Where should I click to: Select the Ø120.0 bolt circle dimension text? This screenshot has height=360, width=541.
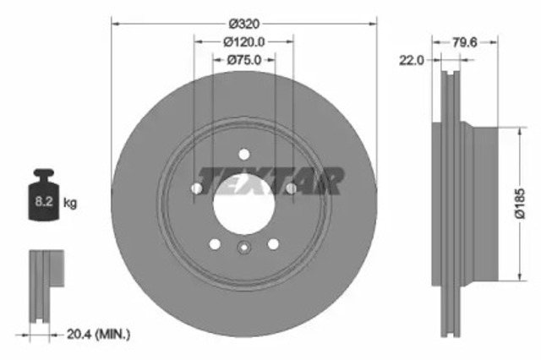pyautogui.click(x=243, y=41)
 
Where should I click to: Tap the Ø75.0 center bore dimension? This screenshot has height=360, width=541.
pyautogui.click(x=243, y=59)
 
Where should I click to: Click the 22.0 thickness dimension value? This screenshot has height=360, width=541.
pyautogui.click(x=411, y=60)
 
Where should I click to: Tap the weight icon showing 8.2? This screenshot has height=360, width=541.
pyautogui.click(x=44, y=199)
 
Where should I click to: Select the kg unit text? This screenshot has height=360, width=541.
pyautogui.click(x=71, y=204)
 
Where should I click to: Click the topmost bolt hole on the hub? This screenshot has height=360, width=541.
pyautogui.click(x=243, y=154)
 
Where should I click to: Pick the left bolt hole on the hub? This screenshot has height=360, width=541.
pyautogui.click(x=197, y=188)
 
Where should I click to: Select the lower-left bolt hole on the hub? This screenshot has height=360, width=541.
pyautogui.click(x=215, y=243)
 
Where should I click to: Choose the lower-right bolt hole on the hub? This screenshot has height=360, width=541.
pyautogui.click(x=272, y=243)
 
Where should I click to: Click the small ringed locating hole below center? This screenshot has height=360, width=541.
pyautogui.click(x=243, y=248)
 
